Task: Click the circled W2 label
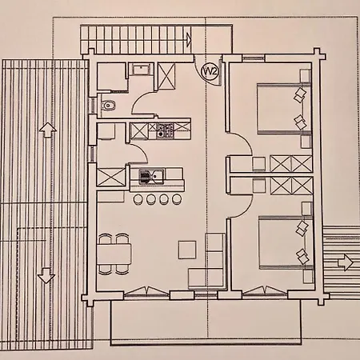pyautogui.click(x=211, y=71)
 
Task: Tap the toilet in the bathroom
pyautogui.click(x=109, y=106)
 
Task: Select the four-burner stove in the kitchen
pyautogui.click(x=165, y=130)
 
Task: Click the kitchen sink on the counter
pyautogui.click(x=151, y=176)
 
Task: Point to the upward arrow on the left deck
pyautogui.click(x=47, y=130)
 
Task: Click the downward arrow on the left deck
pyautogui.click(x=46, y=275)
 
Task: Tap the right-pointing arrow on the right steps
pyautogui.click(x=346, y=263)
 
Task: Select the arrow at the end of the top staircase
pyautogui.click(x=189, y=40)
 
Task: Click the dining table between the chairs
pyautogui.click(x=114, y=254)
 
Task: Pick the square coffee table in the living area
pyautogui.click(x=187, y=250)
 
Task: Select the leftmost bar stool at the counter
pyautogui.click(x=138, y=199)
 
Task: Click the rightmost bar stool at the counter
pyautogui.click(x=177, y=199)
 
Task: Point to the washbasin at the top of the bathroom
pyautogui.click(x=141, y=70)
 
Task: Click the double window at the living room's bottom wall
pyautogui.click(x=147, y=291)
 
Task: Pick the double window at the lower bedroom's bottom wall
pyautogui.click(x=265, y=291)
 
